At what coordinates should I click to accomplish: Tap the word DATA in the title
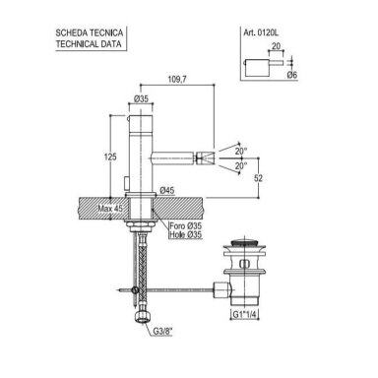(112, 44)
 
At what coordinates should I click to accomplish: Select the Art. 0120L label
(261, 32)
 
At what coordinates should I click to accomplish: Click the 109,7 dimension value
(177, 79)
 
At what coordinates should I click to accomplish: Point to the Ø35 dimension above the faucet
(141, 98)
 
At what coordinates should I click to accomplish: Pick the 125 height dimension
(110, 157)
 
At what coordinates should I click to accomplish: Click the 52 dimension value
(259, 178)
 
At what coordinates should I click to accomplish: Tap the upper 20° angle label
(241, 152)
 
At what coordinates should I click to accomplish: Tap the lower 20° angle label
(241, 166)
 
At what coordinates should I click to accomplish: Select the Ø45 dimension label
(167, 190)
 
